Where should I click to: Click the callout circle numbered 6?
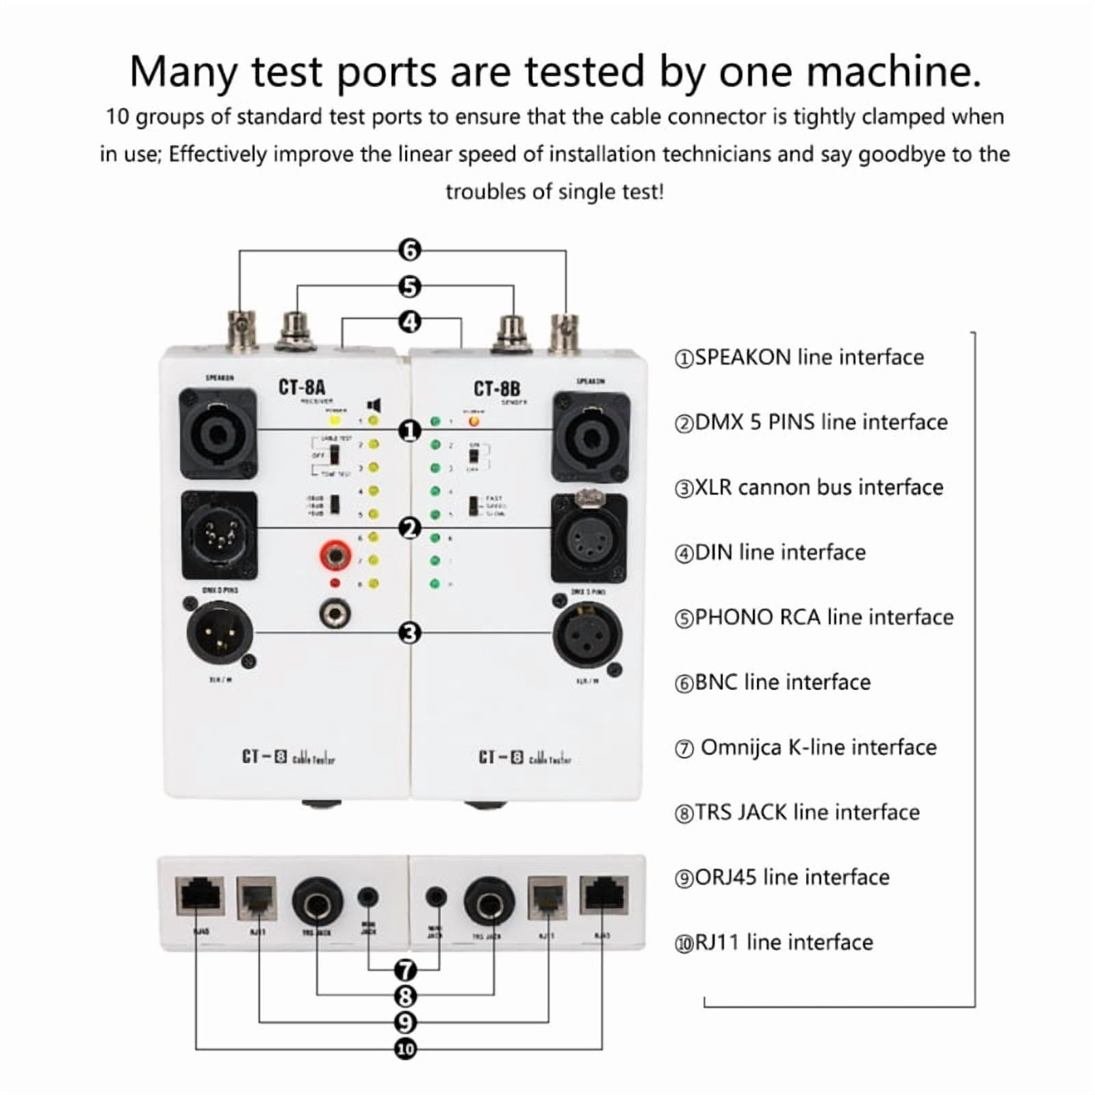pyautogui.click(x=409, y=250)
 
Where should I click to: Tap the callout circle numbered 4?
pyautogui.click(x=409, y=322)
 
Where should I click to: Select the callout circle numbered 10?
pyautogui.click(x=406, y=1048)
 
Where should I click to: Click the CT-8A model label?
pyautogui.click(x=302, y=387)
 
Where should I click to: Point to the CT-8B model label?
pyautogui.click(x=497, y=388)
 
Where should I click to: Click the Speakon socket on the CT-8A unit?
pyautogui.click(x=218, y=434)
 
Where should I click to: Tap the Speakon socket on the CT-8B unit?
pyautogui.click(x=590, y=435)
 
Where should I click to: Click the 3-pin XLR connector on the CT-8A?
pyautogui.click(x=220, y=631)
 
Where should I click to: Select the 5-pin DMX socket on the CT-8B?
pyautogui.click(x=589, y=537)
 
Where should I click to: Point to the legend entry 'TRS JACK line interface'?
pyautogui.click(x=797, y=812)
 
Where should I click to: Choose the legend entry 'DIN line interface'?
pyautogui.click(x=771, y=552)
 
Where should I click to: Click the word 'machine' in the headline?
pyautogui.click(x=850, y=71)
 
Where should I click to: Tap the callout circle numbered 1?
pyautogui.click(x=409, y=431)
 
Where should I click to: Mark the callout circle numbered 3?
pyautogui.click(x=409, y=633)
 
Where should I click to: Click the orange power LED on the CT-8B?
pyautogui.click(x=474, y=421)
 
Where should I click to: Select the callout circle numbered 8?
pyautogui.click(x=406, y=996)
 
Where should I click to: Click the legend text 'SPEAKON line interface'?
pyautogui.click(x=799, y=357)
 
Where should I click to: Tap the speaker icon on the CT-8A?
pyautogui.click(x=374, y=405)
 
